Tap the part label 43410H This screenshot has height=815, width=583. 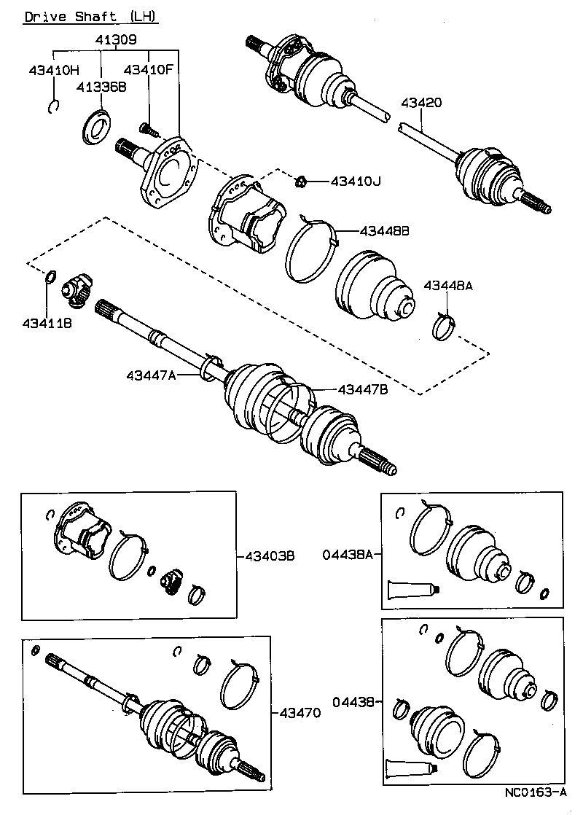(x=53, y=71)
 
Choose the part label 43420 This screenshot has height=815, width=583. (x=420, y=104)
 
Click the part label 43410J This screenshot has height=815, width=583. (x=356, y=180)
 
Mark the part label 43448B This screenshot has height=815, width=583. (x=384, y=230)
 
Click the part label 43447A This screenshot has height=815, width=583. (x=151, y=375)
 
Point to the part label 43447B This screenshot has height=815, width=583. (x=362, y=389)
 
